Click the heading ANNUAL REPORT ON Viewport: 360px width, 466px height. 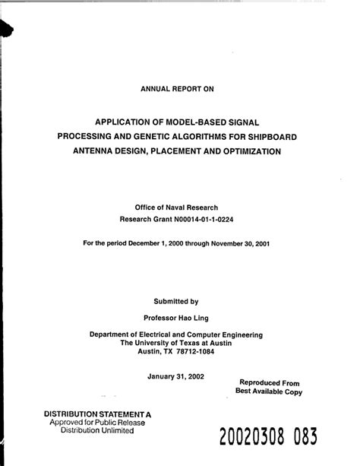tap(178, 88)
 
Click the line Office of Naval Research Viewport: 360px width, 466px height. tap(176, 206)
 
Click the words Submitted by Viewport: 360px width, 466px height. tap(176, 300)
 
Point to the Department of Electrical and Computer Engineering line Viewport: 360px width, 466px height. tap(176, 334)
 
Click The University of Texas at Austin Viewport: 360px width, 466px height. tap(176, 342)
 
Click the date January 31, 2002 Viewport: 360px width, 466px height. tap(176, 375)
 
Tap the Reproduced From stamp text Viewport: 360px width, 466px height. tap(270, 383)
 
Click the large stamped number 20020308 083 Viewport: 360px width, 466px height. tap(267, 438)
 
